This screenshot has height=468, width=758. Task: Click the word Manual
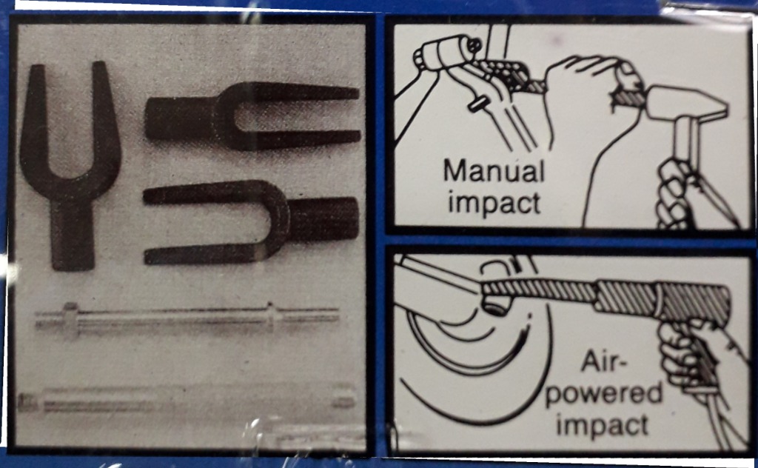[493, 172]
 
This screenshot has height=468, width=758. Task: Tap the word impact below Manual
[494, 202]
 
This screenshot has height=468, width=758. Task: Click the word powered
[603, 393]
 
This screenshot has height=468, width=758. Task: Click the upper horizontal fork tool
[252, 116]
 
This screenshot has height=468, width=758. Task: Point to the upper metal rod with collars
[185, 319]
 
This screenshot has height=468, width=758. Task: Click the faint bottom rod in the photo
[185, 400]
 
